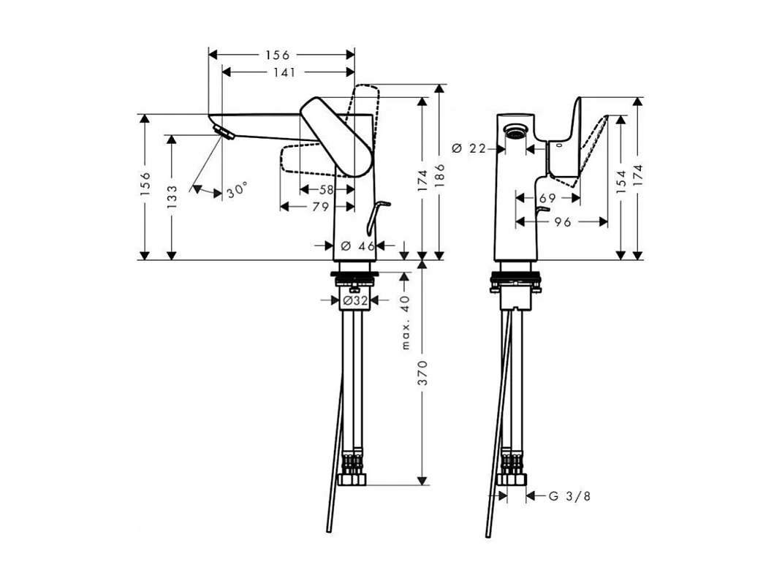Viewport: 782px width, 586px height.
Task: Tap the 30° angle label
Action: point(236,191)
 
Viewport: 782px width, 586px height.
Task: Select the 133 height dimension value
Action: point(171,197)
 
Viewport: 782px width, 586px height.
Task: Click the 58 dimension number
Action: point(326,189)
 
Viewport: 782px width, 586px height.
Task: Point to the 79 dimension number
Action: point(320,208)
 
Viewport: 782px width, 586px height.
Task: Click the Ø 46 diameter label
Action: point(358,246)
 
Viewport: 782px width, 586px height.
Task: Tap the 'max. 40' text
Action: point(406,321)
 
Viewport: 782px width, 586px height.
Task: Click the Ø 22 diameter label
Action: point(469,148)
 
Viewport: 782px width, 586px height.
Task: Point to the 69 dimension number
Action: point(547,197)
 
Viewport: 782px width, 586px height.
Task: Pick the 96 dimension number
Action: point(562,222)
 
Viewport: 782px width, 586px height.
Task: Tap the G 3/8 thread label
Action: point(569,496)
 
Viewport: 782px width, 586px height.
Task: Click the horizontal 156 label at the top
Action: point(277,55)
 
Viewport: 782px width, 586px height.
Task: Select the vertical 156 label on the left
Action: point(145,186)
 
